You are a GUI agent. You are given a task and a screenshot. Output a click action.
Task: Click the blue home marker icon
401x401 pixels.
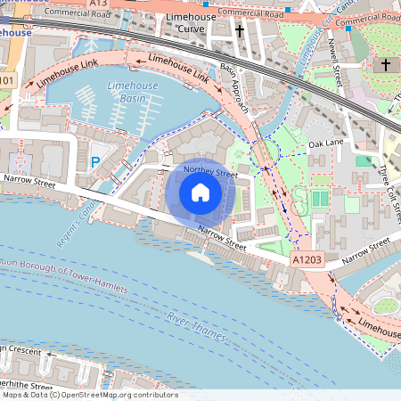point(200,192)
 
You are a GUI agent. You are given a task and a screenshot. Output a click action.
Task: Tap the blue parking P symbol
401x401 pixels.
point(95,163)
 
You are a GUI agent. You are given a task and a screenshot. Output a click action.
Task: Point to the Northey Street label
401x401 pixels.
point(210,171)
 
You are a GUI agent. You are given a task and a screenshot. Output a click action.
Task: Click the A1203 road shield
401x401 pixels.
point(307,258)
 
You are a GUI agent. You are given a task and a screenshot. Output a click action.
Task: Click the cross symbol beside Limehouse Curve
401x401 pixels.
point(240,31)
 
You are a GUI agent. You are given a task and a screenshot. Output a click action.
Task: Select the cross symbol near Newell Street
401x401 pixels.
point(386,65)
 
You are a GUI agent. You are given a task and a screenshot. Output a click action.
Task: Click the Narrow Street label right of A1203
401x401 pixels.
point(366,247)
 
